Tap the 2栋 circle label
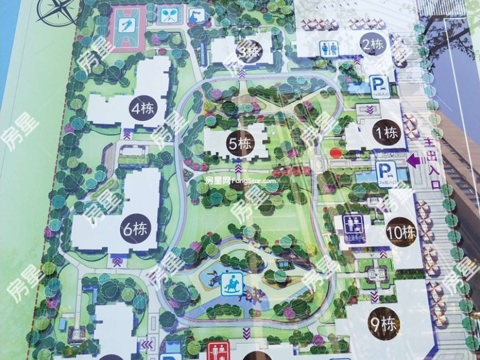click(373, 43)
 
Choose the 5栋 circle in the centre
click(239, 144)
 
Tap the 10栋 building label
click(401, 232)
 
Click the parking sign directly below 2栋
click(376, 85)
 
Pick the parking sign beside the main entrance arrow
click(385, 172)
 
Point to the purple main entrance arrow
click(414, 161)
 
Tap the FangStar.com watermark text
click(240, 179)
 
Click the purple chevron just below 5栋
click(239, 162)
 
